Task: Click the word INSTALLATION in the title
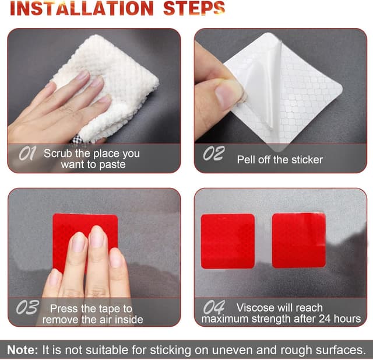tap(82, 9)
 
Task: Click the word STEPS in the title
tap(194, 9)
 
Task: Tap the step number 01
tap(27, 153)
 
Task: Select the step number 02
tap(214, 153)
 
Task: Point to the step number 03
tap(27, 307)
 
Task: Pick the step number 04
tap(214, 307)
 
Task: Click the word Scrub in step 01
tap(58, 153)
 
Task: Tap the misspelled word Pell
tap(247, 159)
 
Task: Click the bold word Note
tap(22, 349)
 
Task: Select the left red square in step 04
tap(228, 241)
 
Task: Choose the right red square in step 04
tap(299, 240)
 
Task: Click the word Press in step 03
tap(64, 309)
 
